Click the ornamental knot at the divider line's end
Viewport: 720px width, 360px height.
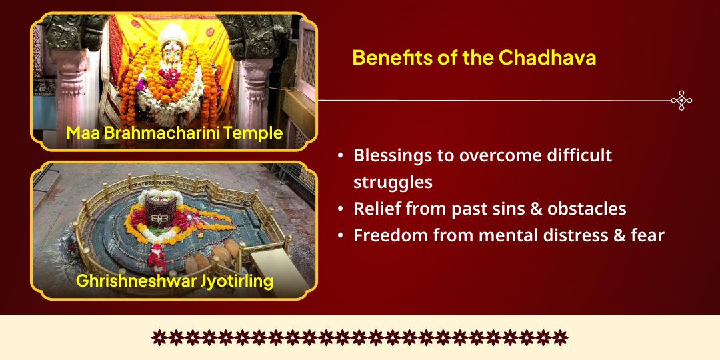681,101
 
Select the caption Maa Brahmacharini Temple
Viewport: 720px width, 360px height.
174,133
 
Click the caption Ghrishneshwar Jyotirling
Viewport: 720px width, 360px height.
174,281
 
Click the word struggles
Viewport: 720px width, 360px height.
393,182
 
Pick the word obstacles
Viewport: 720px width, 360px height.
587,209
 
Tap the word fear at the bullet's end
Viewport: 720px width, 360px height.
647,235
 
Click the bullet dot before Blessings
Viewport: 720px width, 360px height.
341,156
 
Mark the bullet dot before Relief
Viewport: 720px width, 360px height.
341,209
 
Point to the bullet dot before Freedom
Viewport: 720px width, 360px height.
341,236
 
